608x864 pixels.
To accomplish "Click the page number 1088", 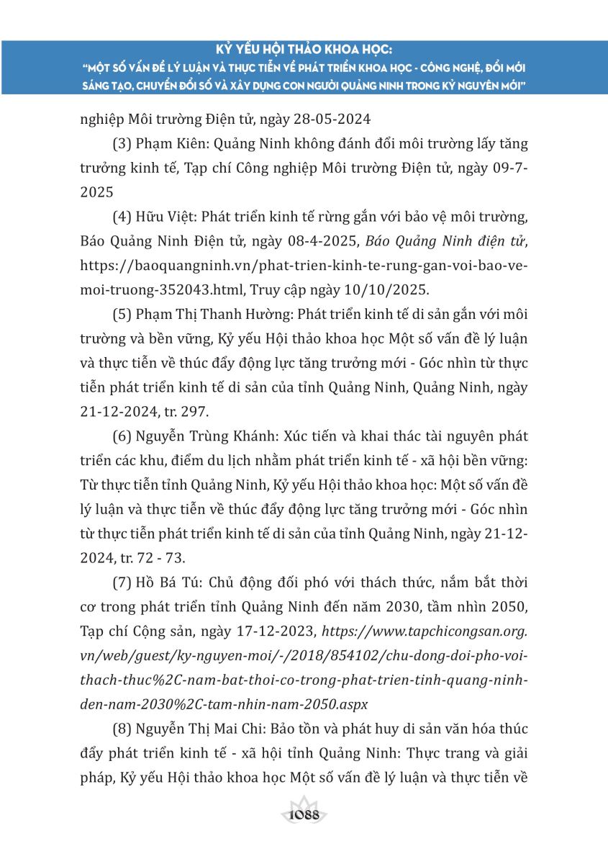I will [x=304, y=815].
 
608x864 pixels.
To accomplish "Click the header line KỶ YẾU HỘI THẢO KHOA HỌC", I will [x=304, y=50].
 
